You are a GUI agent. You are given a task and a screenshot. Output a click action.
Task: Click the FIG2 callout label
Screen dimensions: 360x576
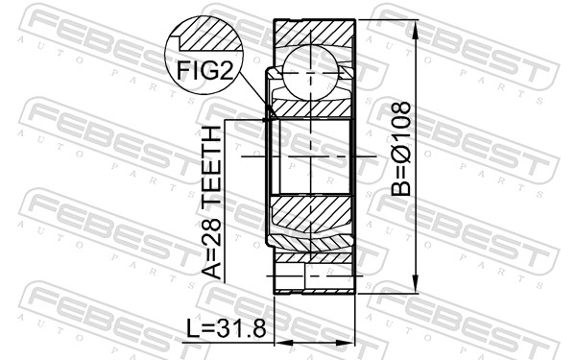click(204, 69)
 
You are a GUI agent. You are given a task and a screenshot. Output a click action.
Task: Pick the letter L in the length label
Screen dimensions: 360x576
click(193, 329)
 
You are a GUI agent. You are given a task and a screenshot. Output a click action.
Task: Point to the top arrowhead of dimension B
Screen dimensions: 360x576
click(416, 24)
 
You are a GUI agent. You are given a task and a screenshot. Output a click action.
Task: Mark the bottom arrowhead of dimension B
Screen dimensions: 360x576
click(416, 286)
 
